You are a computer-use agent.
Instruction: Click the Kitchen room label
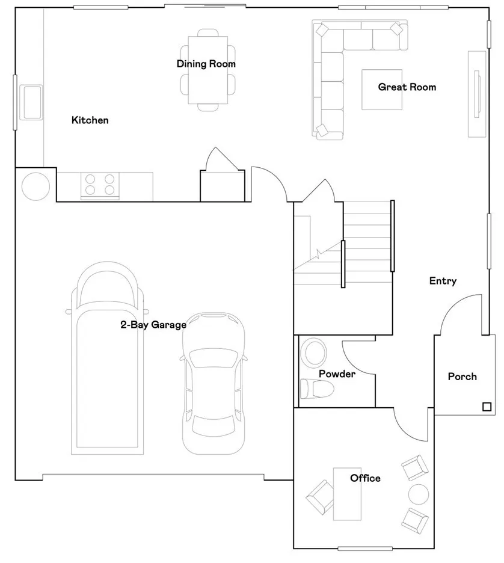[90, 120]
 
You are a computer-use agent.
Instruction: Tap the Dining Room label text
[206, 64]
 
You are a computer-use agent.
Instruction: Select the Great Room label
[407, 87]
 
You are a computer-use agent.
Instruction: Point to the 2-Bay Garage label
[153, 325]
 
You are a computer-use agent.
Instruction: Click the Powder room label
[337, 374]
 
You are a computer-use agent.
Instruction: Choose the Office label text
[365, 478]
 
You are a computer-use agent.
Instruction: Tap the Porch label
[463, 377]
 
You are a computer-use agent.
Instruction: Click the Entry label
[443, 281]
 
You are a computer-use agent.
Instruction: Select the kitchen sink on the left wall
[31, 102]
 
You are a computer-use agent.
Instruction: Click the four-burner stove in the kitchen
[100, 184]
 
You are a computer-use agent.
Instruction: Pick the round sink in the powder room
[313, 352]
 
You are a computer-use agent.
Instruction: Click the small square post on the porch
[486, 407]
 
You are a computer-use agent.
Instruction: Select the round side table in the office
[419, 494]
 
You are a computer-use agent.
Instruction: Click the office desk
[348, 493]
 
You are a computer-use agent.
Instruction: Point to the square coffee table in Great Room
[381, 90]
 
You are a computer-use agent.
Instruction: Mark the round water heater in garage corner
[36, 186]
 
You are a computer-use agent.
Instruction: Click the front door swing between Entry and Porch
[460, 313]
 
